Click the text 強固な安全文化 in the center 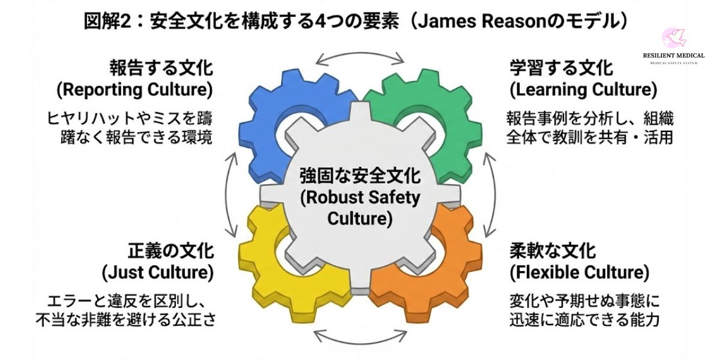coord(360,177)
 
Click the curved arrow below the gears coord(360,338)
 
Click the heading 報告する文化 coord(161,67)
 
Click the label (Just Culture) coord(158,273)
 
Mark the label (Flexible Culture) coord(580,273)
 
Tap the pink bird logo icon coord(673,39)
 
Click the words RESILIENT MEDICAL coord(673,56)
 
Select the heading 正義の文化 coord(170,250)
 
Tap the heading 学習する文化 coord(562,67)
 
